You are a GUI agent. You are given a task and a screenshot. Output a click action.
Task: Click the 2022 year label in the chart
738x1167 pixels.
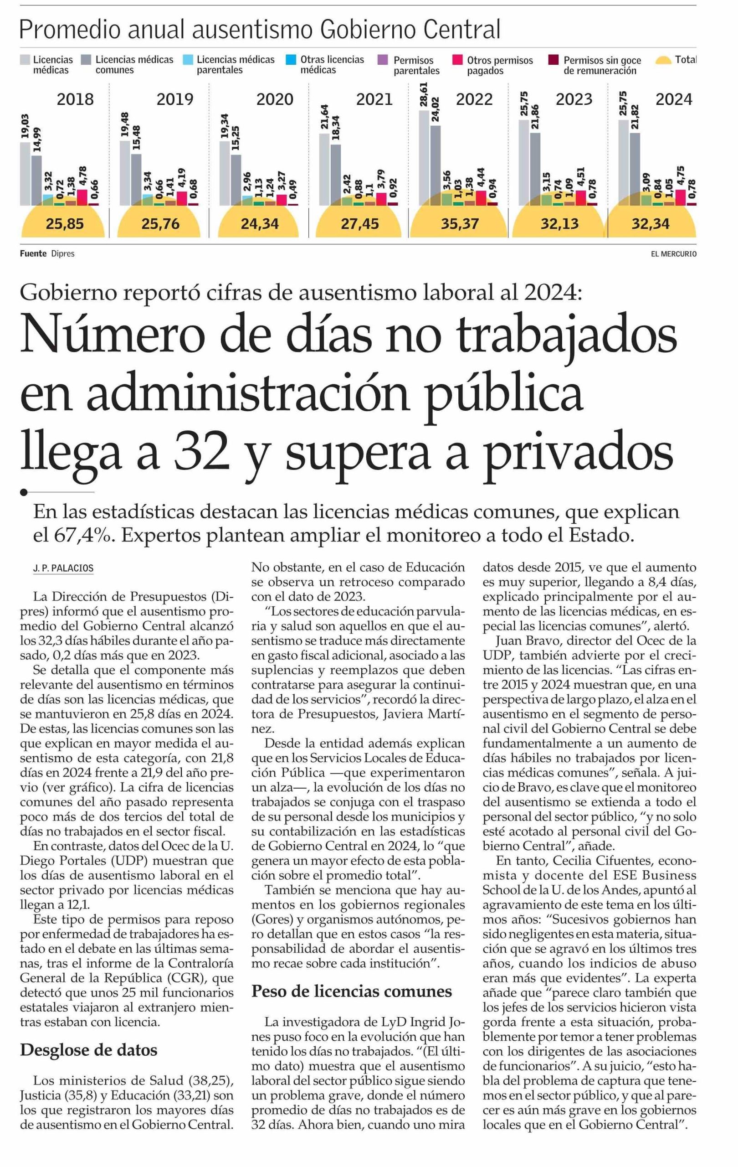(x=474, y=99)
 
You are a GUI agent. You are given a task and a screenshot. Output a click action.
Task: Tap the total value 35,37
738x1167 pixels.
(x=460, y=224)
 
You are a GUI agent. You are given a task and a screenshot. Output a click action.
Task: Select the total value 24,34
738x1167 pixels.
(x=260, y=224)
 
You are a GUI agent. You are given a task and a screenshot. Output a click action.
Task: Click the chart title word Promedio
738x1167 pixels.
(x=70, y=31)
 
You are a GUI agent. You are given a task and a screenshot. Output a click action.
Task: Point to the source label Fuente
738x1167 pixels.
(x=33, y=253)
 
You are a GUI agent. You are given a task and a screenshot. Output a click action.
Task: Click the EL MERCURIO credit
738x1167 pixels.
(x=673, y=254)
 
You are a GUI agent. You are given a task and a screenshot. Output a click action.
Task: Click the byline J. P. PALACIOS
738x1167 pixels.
(x=63, y=568)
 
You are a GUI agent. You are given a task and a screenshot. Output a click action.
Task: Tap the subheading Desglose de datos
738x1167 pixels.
(x=89, y=1050)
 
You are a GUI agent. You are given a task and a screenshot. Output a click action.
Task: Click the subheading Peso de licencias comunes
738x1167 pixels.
(x=351, y=991)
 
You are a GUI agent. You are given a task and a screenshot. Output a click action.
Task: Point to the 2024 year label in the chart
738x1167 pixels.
(x=674, y=99)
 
